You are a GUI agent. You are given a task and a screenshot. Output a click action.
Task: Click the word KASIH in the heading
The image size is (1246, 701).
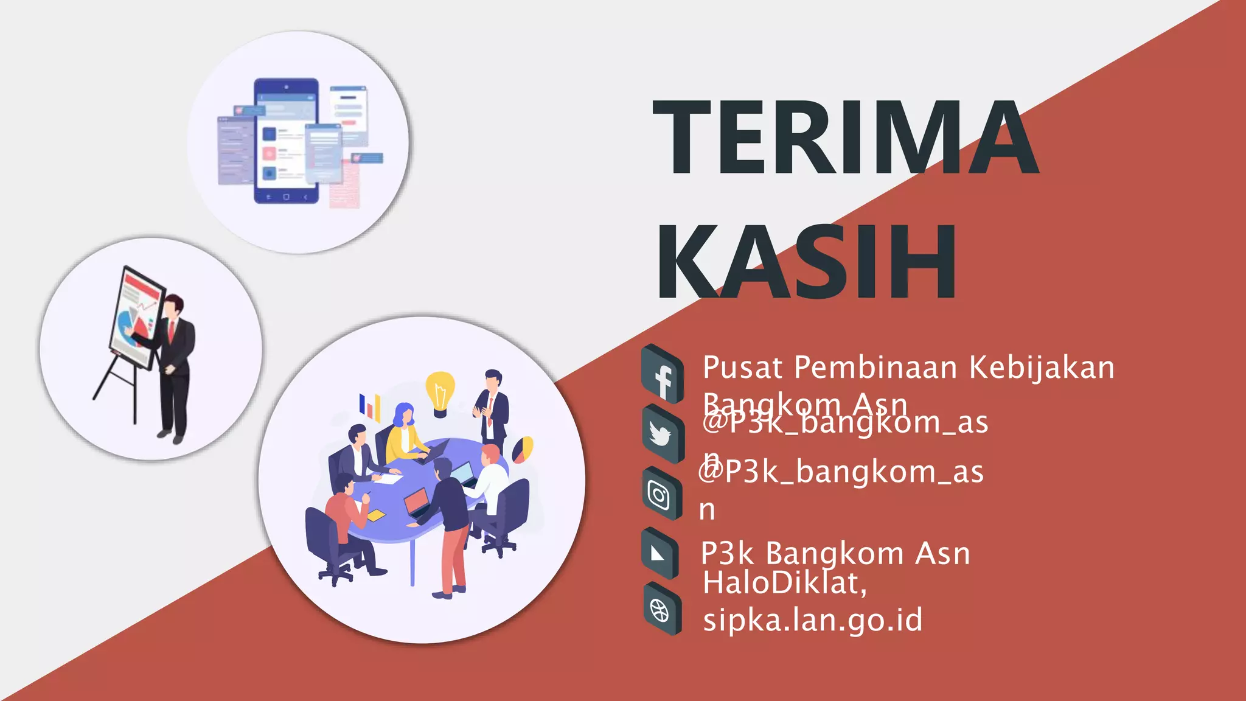807,262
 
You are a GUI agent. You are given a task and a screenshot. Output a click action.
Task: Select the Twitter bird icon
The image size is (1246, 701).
661,434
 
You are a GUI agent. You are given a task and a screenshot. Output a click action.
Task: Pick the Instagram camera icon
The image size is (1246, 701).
660,494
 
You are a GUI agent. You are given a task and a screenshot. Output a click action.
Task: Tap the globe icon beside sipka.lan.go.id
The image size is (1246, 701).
661,609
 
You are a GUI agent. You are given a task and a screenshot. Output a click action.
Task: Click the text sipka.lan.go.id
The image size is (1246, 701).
813,619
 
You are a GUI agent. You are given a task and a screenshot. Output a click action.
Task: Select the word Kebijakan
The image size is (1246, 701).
1042,368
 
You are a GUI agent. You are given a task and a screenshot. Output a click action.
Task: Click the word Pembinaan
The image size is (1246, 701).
876,368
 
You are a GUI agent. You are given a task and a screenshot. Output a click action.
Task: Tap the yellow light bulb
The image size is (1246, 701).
440,393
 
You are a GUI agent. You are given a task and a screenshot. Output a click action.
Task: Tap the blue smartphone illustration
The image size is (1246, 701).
287,141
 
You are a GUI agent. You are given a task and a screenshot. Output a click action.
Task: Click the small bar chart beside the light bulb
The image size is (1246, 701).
369,406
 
